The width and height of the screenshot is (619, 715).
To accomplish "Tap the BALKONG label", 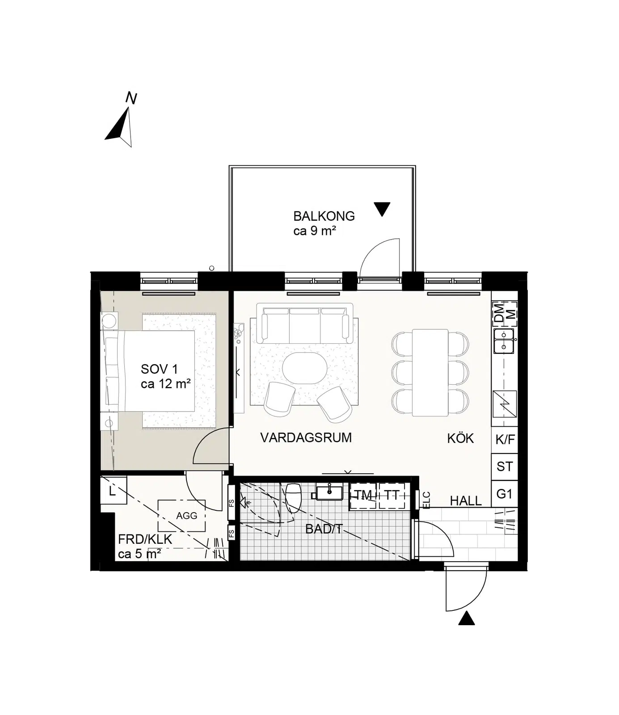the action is click(324, 216).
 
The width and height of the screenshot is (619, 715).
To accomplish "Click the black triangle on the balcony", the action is click(382, 209).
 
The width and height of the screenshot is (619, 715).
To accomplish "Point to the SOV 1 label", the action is click(159, 369).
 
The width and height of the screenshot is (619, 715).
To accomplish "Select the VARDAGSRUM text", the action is click(306, 437).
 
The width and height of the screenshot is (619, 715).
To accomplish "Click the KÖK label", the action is click(460, 438).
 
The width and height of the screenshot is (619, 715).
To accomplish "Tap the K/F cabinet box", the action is click(505, 440).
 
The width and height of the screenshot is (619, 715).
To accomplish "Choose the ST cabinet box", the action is click(505, 467).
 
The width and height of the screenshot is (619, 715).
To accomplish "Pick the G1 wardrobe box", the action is click(505, 494).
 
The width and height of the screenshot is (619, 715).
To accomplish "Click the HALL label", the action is click(466, 501).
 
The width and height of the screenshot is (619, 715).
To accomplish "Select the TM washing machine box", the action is click(363, 496).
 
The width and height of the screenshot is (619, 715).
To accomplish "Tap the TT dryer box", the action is click(392, 496).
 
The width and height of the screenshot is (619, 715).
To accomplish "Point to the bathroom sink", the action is click(329, 492).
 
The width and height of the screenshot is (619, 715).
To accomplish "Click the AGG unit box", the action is click(181, 515).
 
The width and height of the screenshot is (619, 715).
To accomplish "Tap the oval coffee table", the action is click(305, 368).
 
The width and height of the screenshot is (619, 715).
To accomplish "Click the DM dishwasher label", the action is click(498, 313).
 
